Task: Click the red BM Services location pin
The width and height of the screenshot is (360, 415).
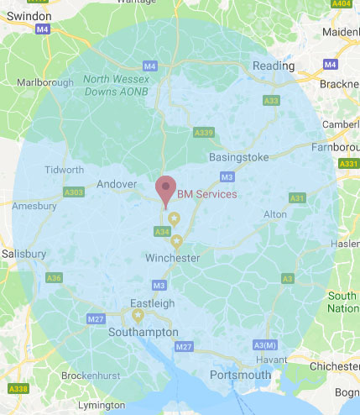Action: pyautogui.click(x=166, y=190)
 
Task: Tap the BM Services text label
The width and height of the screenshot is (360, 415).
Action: pyautogui.click(x=207, y=194)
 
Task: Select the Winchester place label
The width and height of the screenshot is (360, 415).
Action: pyautogui.click(x=172, y=258)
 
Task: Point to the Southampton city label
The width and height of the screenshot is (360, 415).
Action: pyautogui.click(x=143, y=332)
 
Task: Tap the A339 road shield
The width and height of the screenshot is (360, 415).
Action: pyautogui.click(x=202, y=132)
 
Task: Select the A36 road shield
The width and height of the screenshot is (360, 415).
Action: pyautogui.click(x=54, y=277)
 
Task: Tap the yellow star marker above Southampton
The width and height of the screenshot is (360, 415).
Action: pyautogui.click(x=138, y=316)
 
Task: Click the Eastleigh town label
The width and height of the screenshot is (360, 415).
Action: pyautogui.click(x=152, y=303)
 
